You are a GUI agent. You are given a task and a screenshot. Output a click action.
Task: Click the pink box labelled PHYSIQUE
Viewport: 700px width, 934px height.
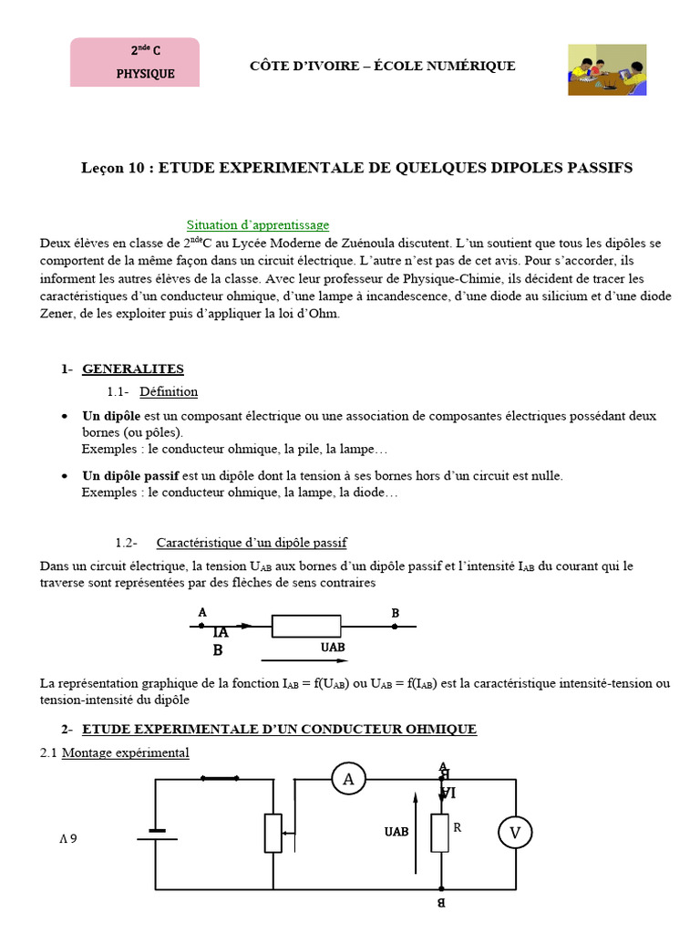(x=135, y=62)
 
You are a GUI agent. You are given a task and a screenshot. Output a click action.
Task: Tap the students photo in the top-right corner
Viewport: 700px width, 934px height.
(x=607, y=69)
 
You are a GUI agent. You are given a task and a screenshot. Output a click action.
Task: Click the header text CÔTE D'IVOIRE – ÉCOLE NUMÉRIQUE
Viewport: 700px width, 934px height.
(x=383, y=66)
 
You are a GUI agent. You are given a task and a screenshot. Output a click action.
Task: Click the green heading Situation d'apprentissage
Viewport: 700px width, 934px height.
(x=258, y=224)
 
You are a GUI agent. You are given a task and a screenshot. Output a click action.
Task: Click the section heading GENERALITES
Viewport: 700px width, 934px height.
(x=133, y=369)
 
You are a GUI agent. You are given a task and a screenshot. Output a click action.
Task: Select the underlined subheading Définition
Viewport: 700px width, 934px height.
(x=169, y=392)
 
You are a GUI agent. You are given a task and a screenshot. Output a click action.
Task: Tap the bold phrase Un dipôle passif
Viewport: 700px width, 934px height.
(x=130, y=476)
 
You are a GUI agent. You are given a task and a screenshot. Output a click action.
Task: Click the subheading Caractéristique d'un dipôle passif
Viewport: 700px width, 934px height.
(x=252, y=543)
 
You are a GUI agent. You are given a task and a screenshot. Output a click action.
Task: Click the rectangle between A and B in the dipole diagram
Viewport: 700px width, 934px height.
(x=306, y=627)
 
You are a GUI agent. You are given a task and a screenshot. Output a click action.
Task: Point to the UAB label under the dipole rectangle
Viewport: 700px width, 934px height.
(x=333, y=648)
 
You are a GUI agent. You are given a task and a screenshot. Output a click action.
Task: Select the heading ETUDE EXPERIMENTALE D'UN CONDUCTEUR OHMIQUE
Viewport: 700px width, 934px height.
(x=279, y=730)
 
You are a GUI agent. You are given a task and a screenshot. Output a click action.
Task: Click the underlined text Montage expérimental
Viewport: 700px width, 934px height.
(x=125, y=753)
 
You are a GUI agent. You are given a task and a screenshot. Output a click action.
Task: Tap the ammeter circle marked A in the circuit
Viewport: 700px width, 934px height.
(x=347, y=779)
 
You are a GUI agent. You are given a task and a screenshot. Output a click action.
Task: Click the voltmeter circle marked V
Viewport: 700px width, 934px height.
(x=515, y=833)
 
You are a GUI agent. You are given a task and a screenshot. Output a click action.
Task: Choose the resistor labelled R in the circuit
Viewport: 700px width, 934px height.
(x=441, y=833)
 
